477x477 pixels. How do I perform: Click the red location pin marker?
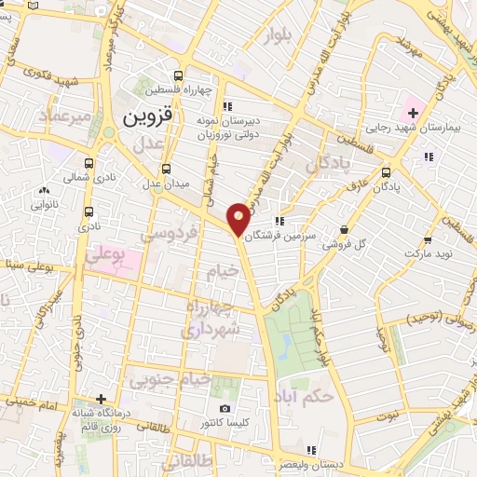pos(238,218)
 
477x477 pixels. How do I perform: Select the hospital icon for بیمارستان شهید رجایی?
pos(413,114)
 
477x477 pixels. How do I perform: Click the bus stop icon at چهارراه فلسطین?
pos(179,75)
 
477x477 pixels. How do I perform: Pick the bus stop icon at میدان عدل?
pos(166,169)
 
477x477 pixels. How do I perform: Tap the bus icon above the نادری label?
pos(89,212)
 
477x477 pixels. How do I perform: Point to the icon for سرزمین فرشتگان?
pos(279,221)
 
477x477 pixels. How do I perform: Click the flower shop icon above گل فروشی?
pos(344,229)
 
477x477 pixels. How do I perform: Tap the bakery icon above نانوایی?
pos(44,191)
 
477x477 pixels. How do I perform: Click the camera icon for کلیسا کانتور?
pos(225,409)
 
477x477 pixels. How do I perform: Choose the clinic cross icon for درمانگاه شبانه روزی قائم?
pos(102,400)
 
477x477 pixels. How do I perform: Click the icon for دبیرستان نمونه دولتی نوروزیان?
pos(227,105)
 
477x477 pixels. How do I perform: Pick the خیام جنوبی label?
pos(170,379)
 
